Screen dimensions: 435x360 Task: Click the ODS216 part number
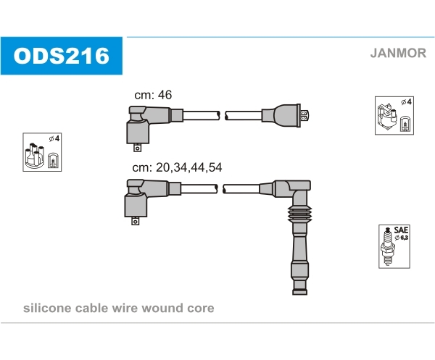tap(62, 56)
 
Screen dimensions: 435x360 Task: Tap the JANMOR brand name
tap(398, 53)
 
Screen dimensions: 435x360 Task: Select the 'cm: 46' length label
tap(153, 95)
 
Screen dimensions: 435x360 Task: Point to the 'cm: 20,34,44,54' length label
tap(177, 167)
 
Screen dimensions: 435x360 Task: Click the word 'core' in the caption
tap(201, 309)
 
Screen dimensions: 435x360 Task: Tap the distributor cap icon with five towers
tap(34, 156)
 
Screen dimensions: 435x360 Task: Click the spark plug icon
tap(387, 246)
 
